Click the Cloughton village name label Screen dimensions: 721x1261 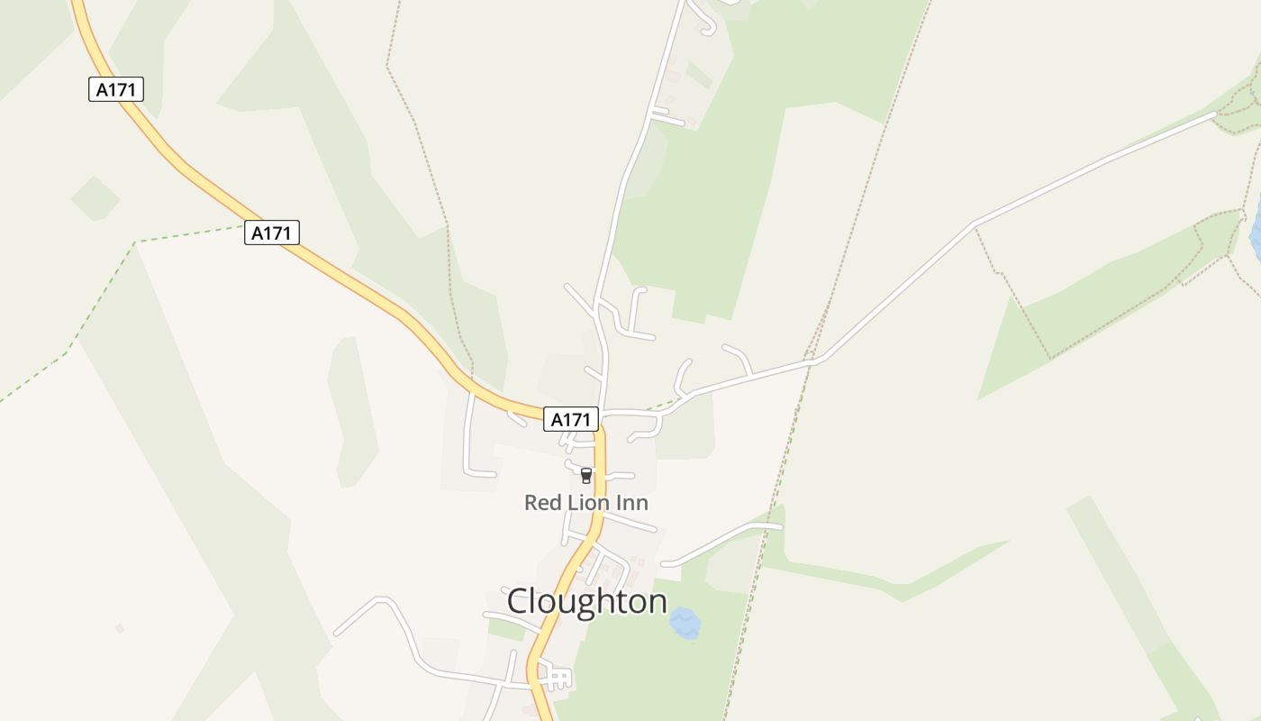pos(586,601)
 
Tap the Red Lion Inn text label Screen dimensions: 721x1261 pos(586,502)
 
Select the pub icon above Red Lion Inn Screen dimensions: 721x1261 pos(586,475)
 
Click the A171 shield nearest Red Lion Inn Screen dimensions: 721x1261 pos(571,419)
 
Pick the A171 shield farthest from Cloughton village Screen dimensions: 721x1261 pos(116,89)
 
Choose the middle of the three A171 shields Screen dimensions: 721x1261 pos(271,233)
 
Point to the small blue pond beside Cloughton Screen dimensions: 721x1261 pos(685,623)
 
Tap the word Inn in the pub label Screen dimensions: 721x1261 pos(632,502)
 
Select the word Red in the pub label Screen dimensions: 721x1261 pos(542,502)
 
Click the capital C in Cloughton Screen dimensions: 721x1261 pos(519,601)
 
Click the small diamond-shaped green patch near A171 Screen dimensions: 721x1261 pos(95,198)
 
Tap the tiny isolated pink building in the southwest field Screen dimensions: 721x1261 pos(119,628)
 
